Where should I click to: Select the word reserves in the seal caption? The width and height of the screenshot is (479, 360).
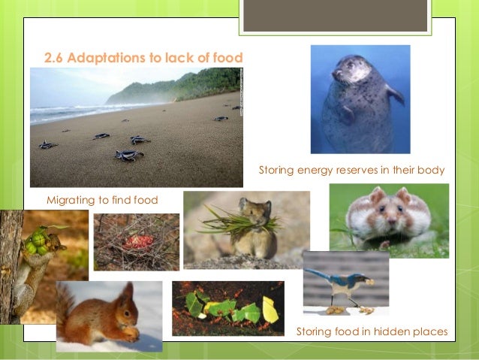pos(351,171)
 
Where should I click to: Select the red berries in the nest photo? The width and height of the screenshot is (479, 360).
pos(137,241)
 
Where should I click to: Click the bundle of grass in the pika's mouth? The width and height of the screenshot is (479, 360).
pos(226,221)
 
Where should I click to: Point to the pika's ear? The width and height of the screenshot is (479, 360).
pos(244,203)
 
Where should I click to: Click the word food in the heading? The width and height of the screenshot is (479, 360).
pos(229,57)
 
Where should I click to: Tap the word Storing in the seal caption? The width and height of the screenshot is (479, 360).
pos(277,171)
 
